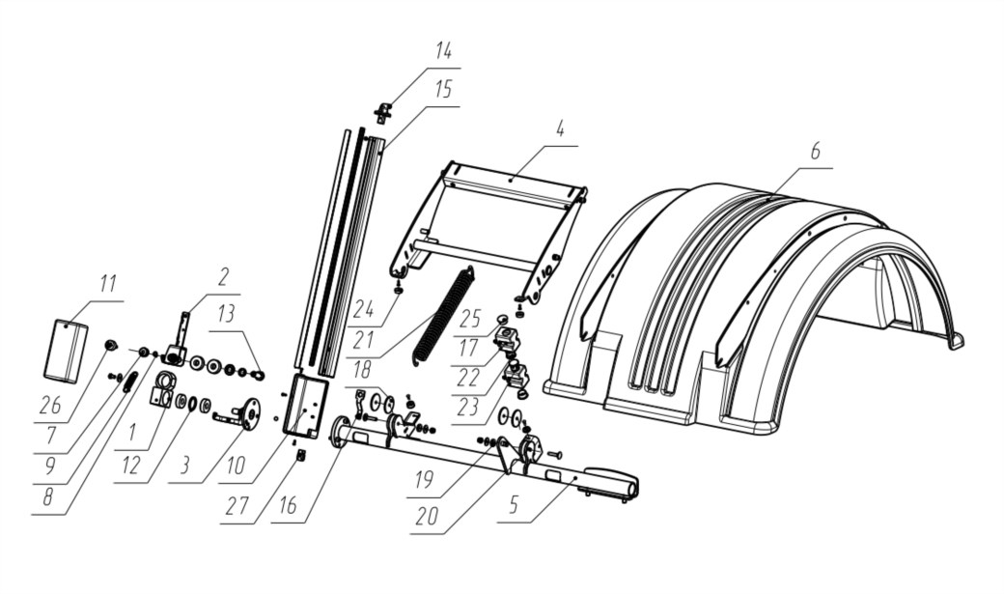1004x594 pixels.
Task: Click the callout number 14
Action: pos(443,50)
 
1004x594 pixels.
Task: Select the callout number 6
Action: pos(815,152)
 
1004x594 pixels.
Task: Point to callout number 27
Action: pos(236,506)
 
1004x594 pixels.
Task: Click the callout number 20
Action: pos(427,515)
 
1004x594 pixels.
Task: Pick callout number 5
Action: pos(513,505)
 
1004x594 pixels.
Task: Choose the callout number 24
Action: pos(364,310)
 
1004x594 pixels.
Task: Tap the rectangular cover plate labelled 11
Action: pos(66,352)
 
